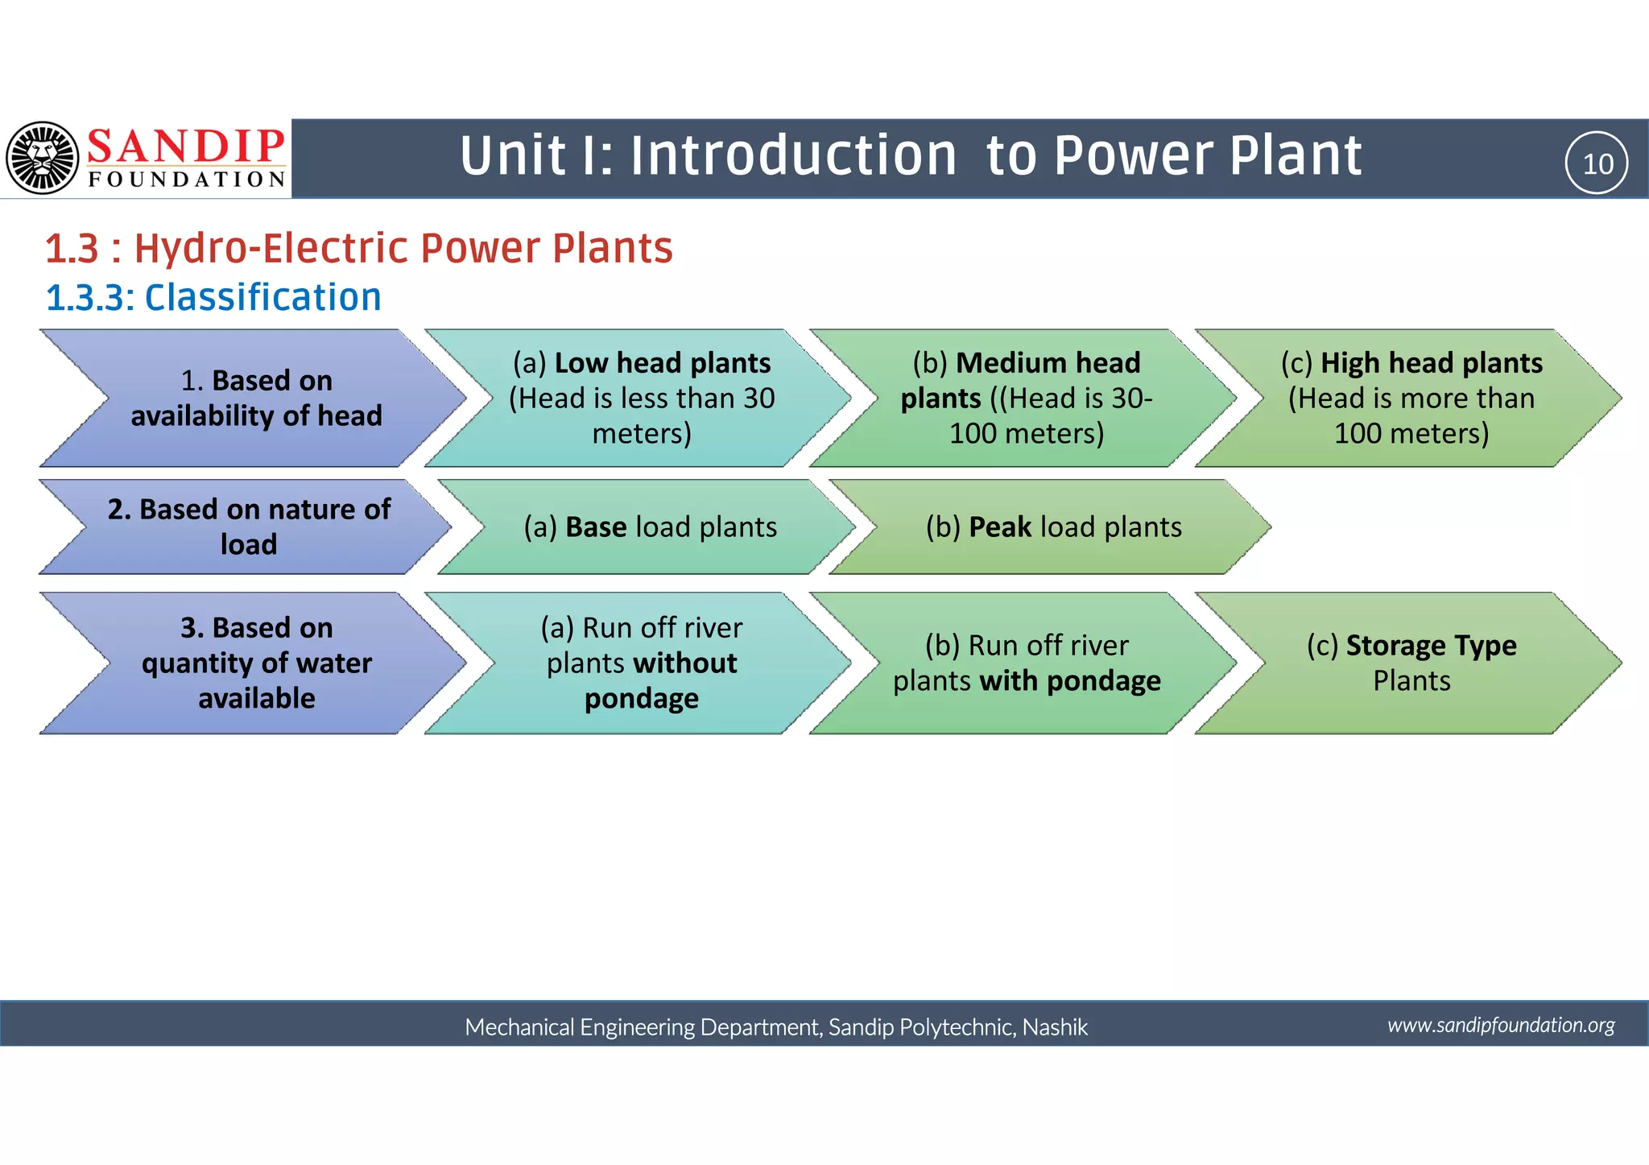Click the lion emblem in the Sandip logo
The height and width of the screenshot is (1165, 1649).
click(42, 158)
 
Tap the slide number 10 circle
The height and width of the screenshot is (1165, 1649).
click(1597, 163)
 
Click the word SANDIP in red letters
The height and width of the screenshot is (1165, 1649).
click(186, 147)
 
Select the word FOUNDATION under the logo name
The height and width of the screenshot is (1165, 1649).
click(187, 180)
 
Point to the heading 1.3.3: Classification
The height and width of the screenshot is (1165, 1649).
click(213, 298)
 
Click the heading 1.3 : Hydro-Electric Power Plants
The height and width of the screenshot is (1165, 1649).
click(358, 248)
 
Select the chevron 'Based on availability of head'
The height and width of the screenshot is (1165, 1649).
click(256, 398)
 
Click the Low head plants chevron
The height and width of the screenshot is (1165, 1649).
click(642, 398)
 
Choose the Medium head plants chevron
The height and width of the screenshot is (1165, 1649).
click(1027, 398)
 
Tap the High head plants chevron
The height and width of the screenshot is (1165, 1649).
click(1411, 398)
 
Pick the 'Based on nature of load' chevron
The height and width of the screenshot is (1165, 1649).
click(249, 527)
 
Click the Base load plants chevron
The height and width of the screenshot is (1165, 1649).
click(651, 527)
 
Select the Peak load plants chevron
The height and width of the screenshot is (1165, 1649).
click(1053, 527)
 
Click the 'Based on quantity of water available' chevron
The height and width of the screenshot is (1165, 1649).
click(256, 663)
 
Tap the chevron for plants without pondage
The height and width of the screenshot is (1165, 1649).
click(642, 663)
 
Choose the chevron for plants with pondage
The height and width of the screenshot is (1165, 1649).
click(1027, 663)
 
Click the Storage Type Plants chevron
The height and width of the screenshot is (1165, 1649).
click(1411, 663)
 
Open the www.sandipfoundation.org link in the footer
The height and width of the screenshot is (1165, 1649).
click(1501, 1025)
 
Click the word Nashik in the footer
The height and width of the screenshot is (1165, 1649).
click(1055, 1027)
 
